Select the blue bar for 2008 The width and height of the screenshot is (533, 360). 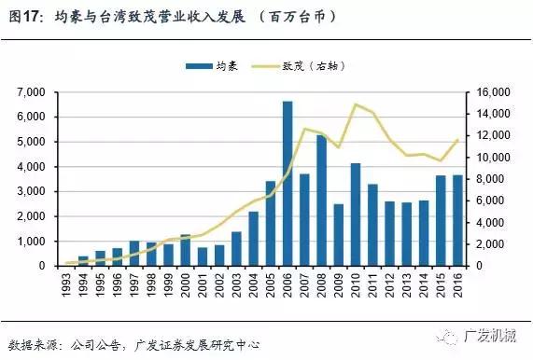[322, 201]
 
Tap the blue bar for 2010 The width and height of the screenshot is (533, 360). [356, 215]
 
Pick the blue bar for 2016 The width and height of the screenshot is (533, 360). [458, 221]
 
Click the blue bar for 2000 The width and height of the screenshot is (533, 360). [185, 250]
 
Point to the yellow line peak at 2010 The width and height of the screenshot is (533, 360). [356, 104]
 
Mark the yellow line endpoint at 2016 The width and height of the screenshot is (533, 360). [458, 140]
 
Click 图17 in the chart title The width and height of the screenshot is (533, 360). [23, 16]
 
